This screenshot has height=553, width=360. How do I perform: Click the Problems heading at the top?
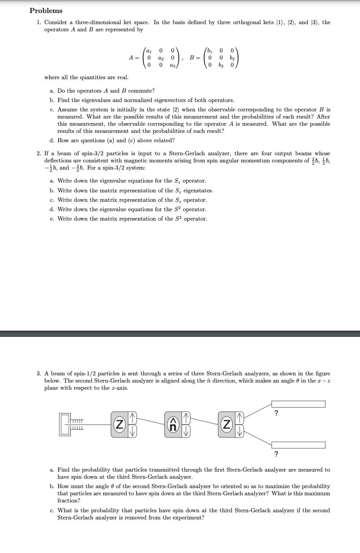coord(46,10)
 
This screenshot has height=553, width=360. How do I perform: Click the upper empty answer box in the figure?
coord(298,404)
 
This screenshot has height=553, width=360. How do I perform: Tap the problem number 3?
coord(39,374)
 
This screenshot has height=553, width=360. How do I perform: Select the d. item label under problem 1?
coord(52,140)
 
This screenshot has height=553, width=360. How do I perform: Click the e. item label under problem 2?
coord(52,219)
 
